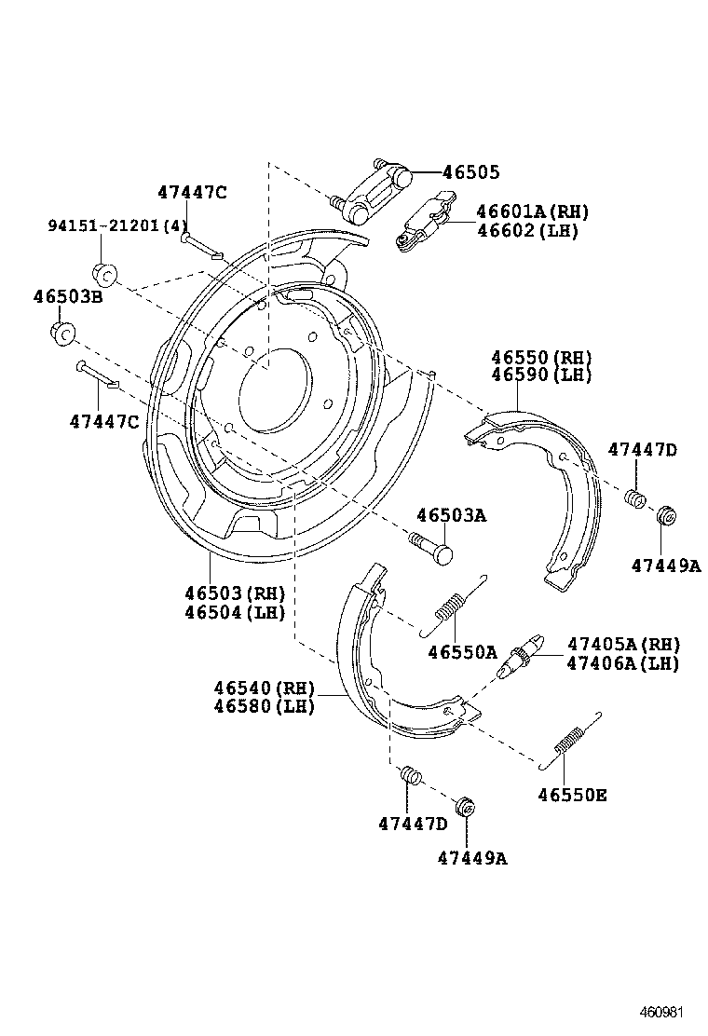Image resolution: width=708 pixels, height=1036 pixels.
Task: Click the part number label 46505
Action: coord(470,172)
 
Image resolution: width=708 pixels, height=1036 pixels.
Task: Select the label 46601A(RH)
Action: coord(532,212)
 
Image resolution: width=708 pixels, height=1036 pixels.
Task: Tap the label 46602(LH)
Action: coord(527,231)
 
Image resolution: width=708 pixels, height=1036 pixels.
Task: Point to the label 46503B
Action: coord(67,298)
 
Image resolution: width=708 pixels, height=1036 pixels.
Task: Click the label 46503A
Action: coord(451,515)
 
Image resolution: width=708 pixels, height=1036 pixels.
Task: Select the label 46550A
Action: coord(462,652)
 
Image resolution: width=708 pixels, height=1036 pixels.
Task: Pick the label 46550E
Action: coord(572,795)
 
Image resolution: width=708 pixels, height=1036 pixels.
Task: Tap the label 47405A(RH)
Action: coord(623,645)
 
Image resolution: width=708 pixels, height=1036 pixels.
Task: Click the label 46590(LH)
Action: coord(541,375)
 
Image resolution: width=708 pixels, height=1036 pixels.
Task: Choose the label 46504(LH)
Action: coord(234,612)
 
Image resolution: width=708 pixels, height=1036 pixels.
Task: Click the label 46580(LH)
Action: coord(264,706)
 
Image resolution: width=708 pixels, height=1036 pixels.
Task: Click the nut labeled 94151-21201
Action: coord(104,273)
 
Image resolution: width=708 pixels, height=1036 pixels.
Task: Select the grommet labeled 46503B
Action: coord(61,333)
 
